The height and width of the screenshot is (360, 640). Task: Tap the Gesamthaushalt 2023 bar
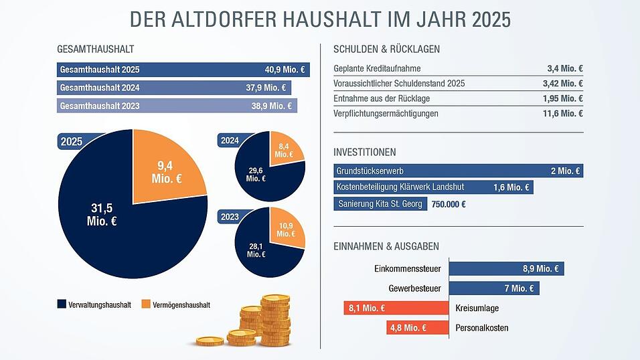(x=177, y=106)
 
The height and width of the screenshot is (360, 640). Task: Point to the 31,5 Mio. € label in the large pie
(x=102, y=214)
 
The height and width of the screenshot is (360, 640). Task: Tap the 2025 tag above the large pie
(x=72, y=142)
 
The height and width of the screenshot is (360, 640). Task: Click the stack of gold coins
(x=261, y=321)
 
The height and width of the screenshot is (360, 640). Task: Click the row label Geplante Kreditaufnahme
(x=377, y=69)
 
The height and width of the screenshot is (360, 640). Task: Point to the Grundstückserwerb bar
(x=458, y=171)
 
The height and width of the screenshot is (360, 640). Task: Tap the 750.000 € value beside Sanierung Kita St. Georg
(x=449, y=204)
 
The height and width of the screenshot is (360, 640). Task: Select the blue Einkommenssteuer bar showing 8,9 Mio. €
(x=507, y=269)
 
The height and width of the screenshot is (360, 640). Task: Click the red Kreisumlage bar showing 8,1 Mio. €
(x=394, y=308)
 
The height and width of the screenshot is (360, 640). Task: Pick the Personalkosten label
(x=481, y=328)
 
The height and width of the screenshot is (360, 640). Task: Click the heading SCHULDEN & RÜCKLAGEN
(x=386, y=49)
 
